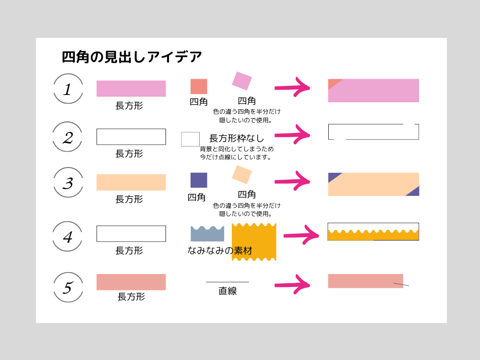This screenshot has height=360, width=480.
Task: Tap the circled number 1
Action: click(x=68, y=89)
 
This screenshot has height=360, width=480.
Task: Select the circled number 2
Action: click(x=68, y=137)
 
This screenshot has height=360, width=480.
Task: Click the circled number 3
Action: click(x=68, y=183)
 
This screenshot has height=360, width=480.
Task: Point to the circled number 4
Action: click(x=68, y=237)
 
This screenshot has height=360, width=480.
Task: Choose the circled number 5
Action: click(x=68, y=288)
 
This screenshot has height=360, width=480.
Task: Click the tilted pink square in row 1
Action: click(x=242, y=81)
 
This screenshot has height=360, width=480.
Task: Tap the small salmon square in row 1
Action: click(x=199, y=86)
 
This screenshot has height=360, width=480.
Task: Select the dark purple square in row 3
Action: click(x=199, y=180)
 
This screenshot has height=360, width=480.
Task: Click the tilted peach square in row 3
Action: click(x=242, y=175)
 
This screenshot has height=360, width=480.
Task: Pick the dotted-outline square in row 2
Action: click(x=190, y=139)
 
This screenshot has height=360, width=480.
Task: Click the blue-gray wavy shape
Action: click(x=207, y=234)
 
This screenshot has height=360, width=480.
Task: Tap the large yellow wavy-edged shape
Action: click(x=254, y=242)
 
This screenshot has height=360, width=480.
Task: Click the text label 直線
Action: click(x=228, y=291)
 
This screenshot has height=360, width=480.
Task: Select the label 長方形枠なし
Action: click(x=237, y=138)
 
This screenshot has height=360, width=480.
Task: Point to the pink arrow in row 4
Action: click(x=301, y=235)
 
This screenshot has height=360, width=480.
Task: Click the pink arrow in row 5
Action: click(x=292, y=285)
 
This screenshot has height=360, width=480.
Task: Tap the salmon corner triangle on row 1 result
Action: click(x=333, y=83)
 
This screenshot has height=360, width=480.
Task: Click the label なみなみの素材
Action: click(x=219, y=251)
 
